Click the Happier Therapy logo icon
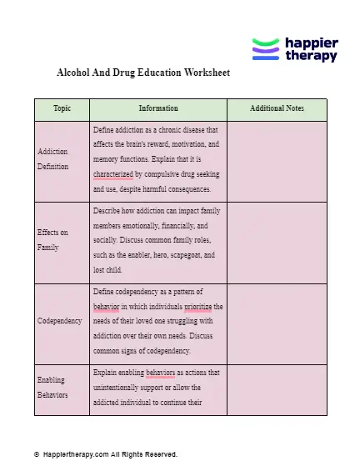(x=266, y=49)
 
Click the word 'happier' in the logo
(x=311, y=42)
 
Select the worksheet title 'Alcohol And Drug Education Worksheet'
(x=142, y=73)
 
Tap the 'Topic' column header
(x=62, y=109)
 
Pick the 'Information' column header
(x=157, y=109)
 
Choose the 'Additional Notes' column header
(x=277, y=109)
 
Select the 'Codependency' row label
(x=60, y=321)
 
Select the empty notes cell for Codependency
(x=277, y=321)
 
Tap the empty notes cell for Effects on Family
(x=277, y=240)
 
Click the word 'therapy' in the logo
(x=310, y=56)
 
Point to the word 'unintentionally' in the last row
(x=122, y=387)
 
